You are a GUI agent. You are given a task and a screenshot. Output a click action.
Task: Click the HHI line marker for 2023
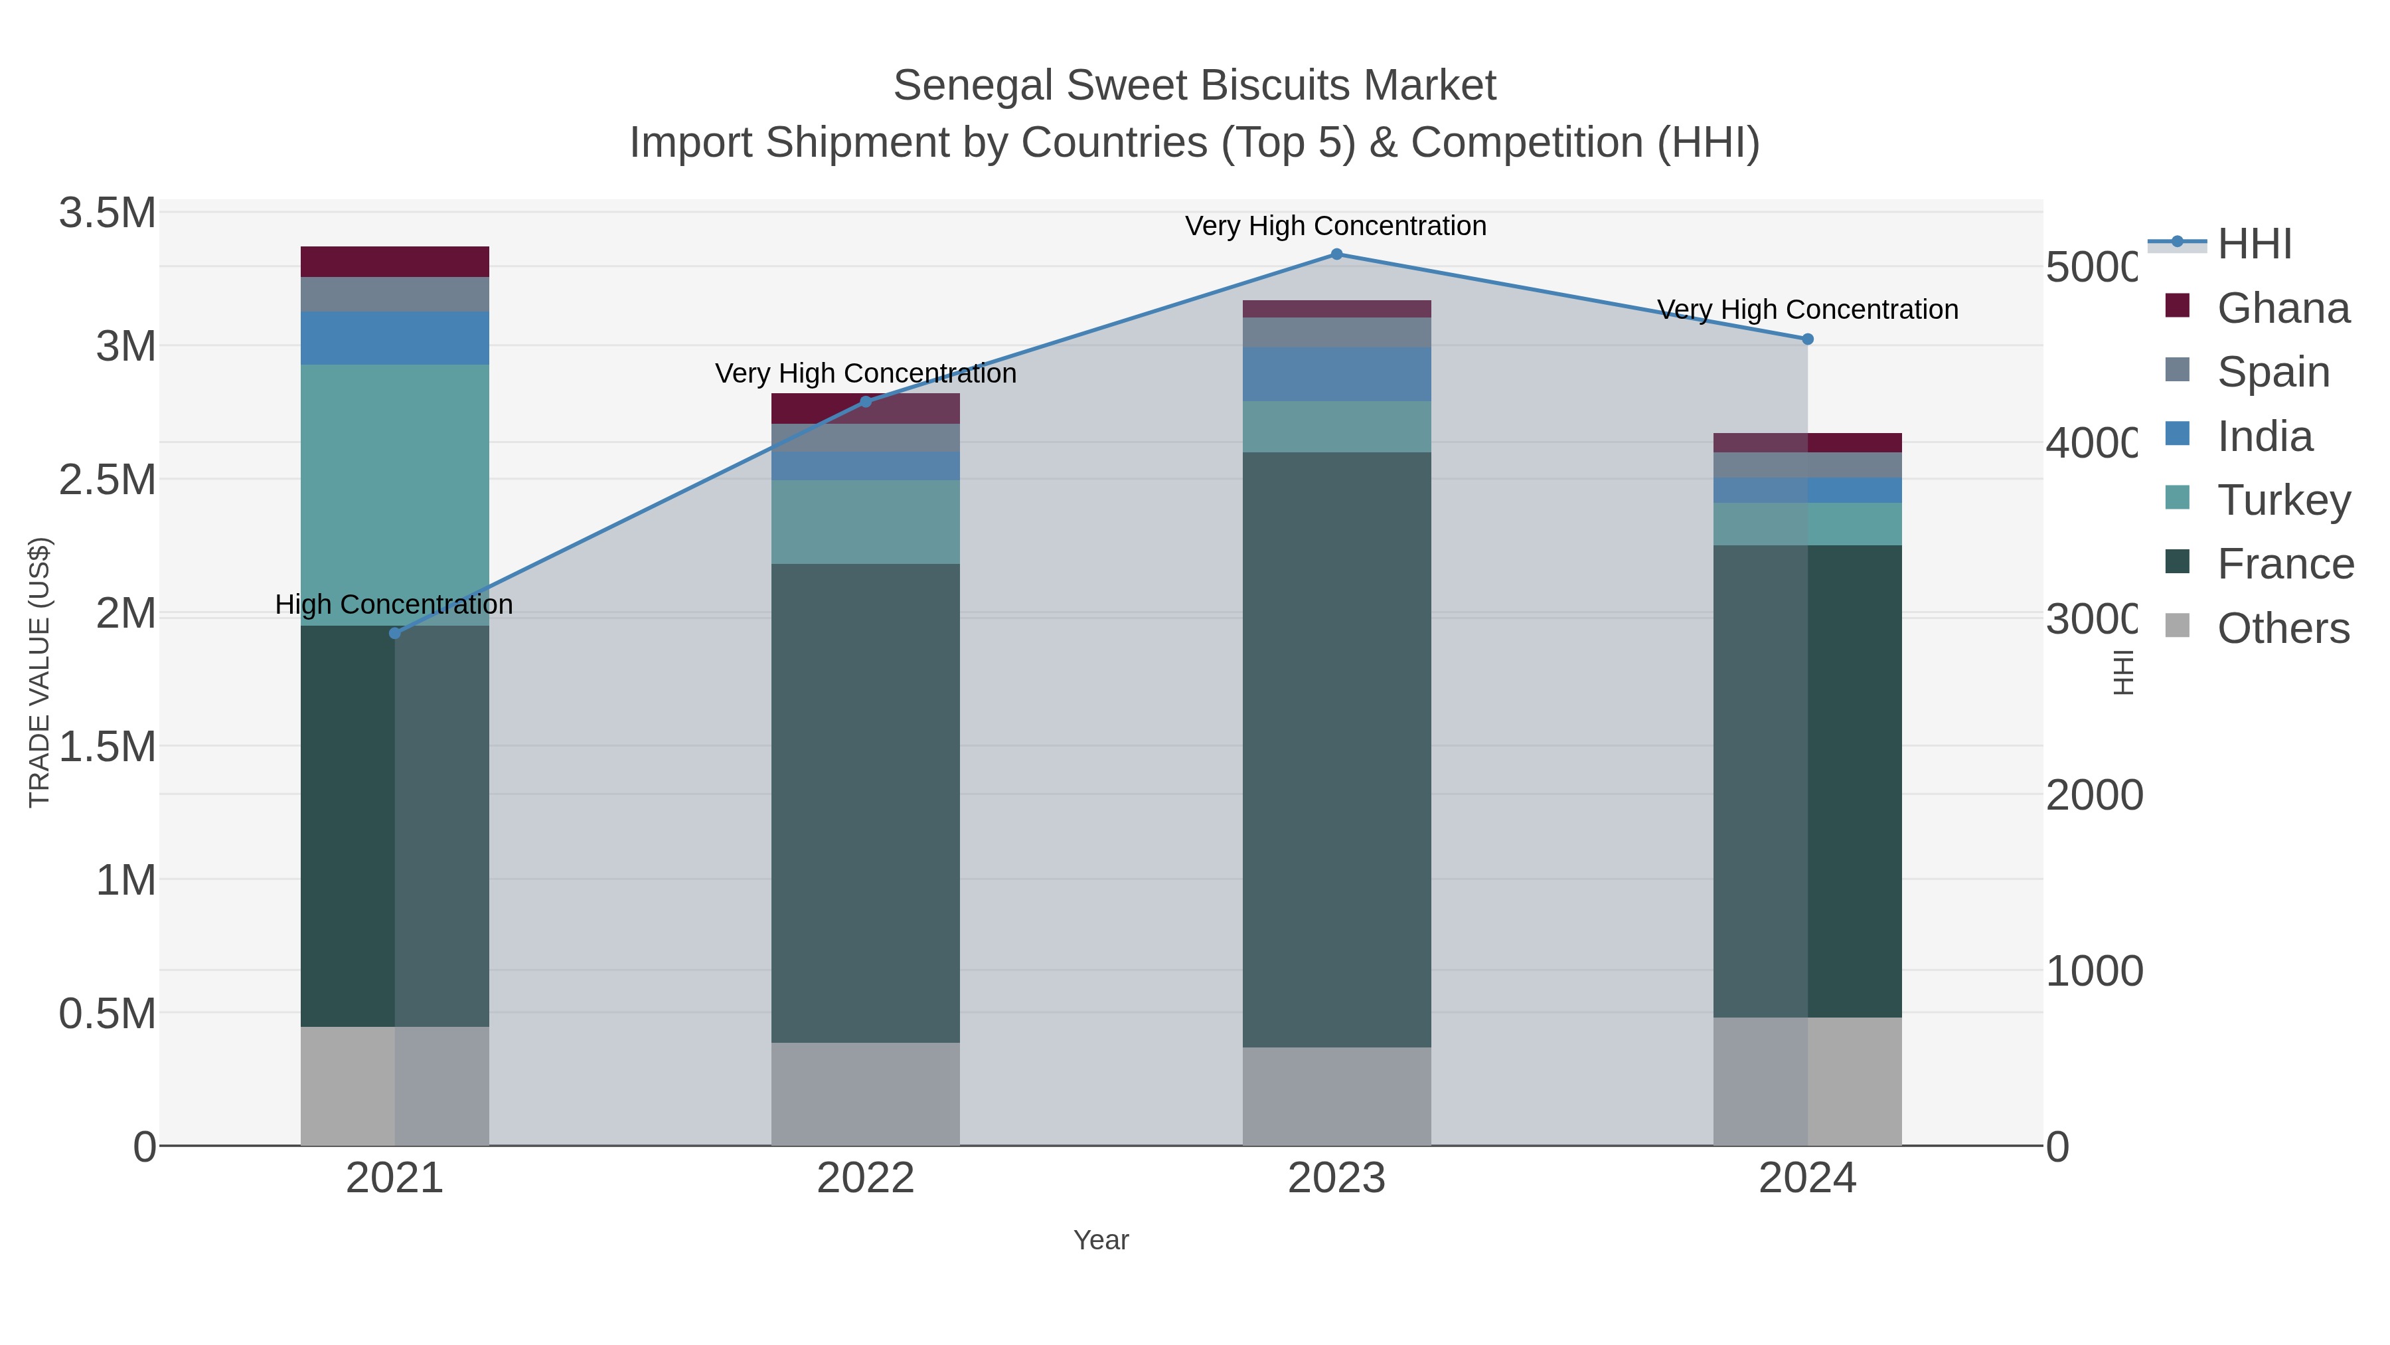[1336, 254]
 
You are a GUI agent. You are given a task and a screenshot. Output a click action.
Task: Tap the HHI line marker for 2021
[394, 633]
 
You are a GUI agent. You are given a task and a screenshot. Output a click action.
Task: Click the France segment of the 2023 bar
[1336, 749]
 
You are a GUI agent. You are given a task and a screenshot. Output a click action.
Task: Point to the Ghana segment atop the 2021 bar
[394, 262]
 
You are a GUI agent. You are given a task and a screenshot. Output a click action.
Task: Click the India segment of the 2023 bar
[1336, 374]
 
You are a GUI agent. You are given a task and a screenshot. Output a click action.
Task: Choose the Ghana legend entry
[2282, 308]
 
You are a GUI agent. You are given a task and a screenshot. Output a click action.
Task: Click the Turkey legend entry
[2282, 500]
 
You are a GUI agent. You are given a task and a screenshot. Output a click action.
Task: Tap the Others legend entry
[2282, 628]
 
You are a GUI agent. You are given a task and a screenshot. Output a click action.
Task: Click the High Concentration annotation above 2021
[394, 604]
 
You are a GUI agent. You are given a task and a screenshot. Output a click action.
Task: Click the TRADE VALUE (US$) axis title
[39, 672]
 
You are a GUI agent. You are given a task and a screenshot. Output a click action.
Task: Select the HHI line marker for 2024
[1806, 339]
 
